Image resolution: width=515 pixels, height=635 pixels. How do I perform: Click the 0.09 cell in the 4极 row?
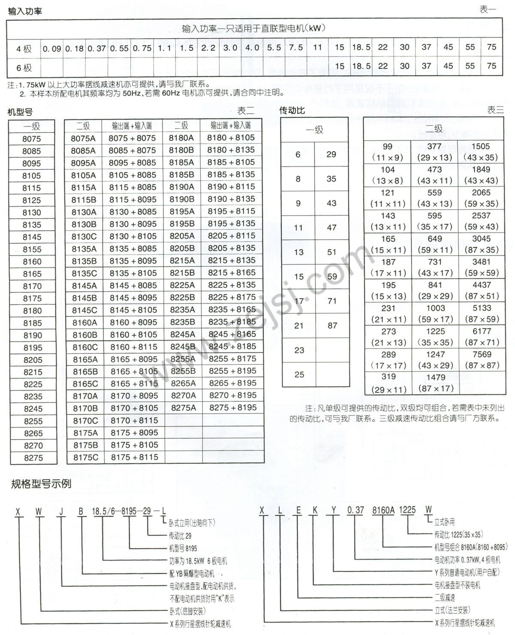(52, 48)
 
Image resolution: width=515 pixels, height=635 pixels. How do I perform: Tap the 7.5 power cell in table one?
(296, 48)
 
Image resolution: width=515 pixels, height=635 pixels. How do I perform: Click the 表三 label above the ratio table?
(495, 110)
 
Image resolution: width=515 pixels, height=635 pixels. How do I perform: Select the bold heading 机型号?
(20, 112)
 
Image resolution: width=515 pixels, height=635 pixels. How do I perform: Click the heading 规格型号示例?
(41, 485)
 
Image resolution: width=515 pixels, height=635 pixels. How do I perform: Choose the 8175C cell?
(85, 457)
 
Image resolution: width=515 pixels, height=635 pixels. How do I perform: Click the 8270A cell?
(183, 395)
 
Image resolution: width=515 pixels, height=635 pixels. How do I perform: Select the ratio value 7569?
(482, 355)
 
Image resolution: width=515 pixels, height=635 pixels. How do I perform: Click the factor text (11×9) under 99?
(387, 157)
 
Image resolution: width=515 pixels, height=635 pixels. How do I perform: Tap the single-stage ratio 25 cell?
(299, 375)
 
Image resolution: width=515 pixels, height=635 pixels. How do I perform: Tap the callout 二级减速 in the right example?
(445, 598)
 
